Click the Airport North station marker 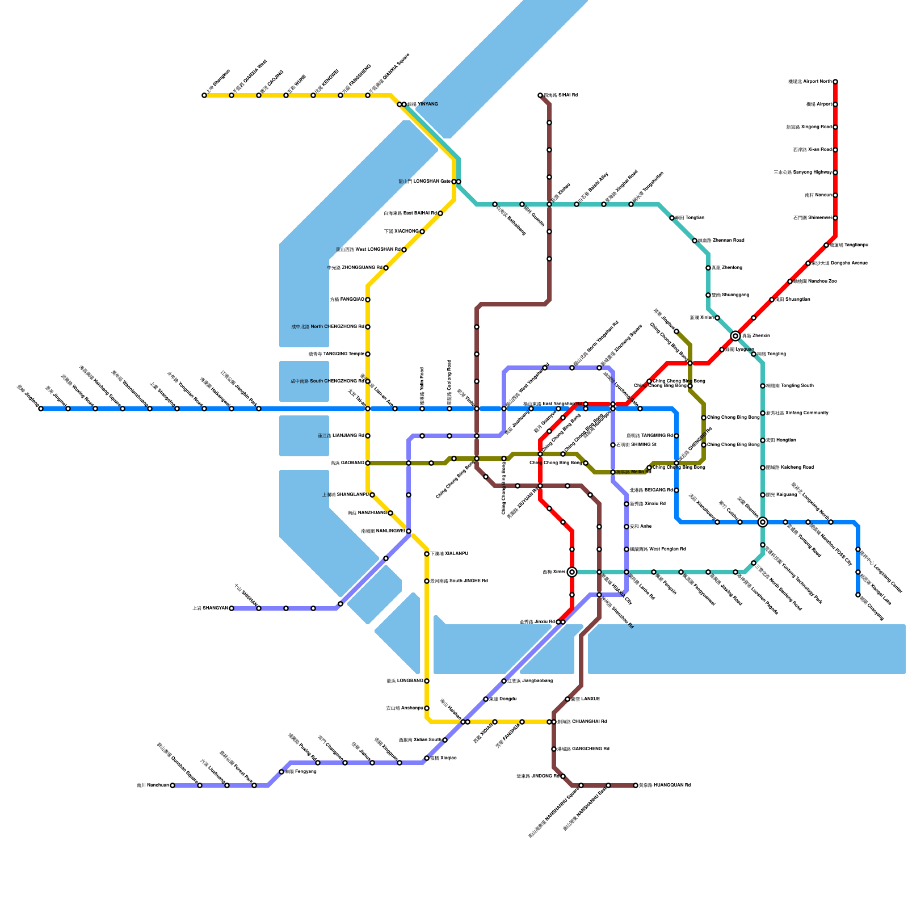click(835, 82)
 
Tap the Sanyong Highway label click(802, 173)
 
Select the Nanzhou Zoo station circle click(790, 281)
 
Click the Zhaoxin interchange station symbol click(735, 336)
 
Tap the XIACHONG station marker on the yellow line click(422, 232)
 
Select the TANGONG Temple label click(337, 354)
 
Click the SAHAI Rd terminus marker click(540, 95)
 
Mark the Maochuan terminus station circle click(173, 785)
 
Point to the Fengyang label click(301, 772)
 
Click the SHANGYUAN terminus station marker click(232, 608)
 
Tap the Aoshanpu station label click(405, 708)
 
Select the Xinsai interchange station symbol click(572, 572)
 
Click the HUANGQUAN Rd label click(665, 785)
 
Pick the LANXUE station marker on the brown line click(567, 699)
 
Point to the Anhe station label click(641, 527)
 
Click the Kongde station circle click(486, 699)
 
